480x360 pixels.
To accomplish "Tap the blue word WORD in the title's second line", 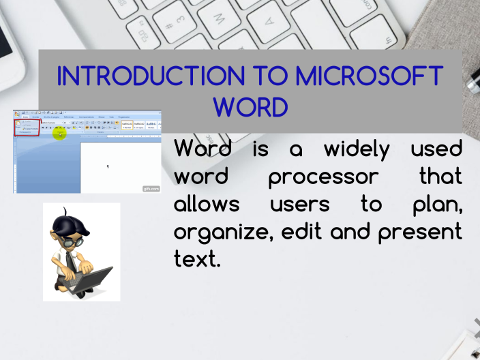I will [x=250, y=107].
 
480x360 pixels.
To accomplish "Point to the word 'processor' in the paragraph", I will [x=322, y=177].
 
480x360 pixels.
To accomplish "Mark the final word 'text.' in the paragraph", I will [x=198, y=260].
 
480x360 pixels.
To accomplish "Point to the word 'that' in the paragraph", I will [x=440, y=177].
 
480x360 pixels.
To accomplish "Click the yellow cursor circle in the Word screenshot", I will [x=60, y=133].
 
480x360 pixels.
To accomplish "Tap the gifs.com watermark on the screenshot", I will [x=151, y=189].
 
